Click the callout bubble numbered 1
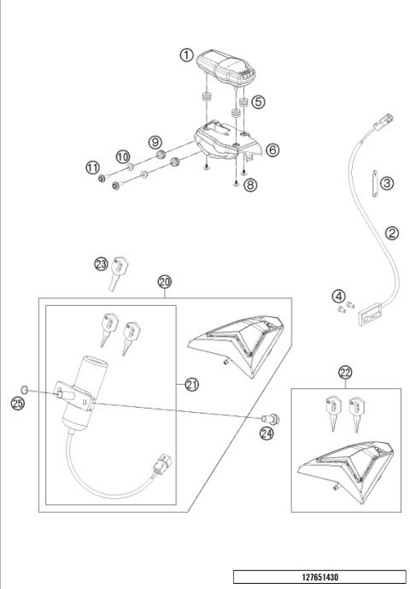(185, 55)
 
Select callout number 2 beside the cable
(391, 233)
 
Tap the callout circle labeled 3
(386, 183)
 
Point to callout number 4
(339, 297)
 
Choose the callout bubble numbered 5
(258, 101)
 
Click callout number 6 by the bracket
(272, 150)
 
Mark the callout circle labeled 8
(249, 184)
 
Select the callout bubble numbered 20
(164, 281)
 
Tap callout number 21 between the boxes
(191, 385)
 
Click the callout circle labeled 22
(345, 373)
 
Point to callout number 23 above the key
(102, 264)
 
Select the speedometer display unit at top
(224, 67)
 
